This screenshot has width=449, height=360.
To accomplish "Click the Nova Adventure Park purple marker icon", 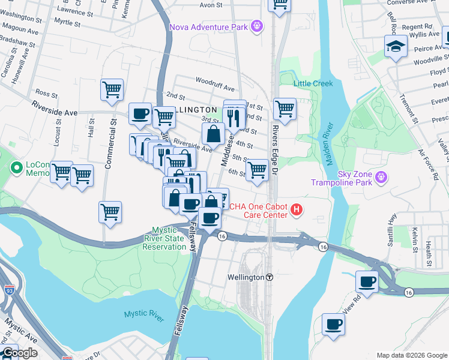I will coord(257,26).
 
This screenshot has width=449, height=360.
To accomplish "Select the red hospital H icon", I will coord(296,210).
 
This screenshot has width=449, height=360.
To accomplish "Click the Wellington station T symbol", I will coord(270,277).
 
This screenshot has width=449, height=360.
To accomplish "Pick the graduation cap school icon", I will coord(396,47).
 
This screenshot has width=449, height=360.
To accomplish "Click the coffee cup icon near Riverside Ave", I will coord(140,113).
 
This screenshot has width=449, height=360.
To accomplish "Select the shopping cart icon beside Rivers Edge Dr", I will coord(285,109).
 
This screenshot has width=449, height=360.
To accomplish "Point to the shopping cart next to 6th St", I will coord(257,169).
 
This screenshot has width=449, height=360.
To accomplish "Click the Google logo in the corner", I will coord(19,353).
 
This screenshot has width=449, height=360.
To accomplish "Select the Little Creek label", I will coord(313,83).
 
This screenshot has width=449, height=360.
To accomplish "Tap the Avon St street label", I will coord(211,5).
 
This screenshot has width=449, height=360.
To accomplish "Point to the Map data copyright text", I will coord(411,355).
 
